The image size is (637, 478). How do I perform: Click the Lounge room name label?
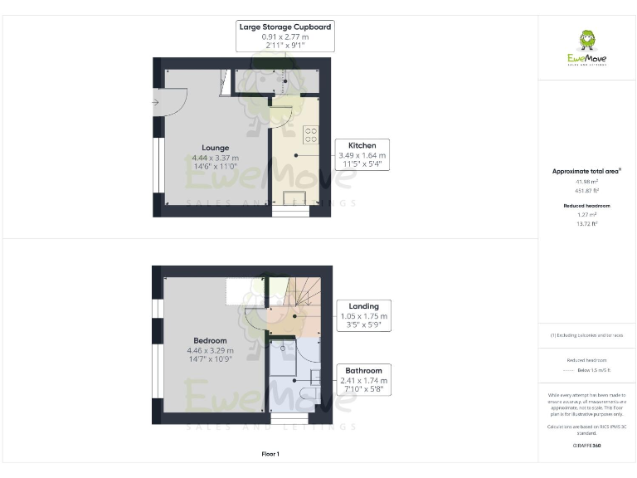point(215,148)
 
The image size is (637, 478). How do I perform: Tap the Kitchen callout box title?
point(362,144)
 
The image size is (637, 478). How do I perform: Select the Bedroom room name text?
point(210,340)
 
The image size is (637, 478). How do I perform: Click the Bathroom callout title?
point(364,370)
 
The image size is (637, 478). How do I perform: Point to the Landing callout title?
point(364,305)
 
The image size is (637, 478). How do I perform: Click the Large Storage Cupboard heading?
point(285,27)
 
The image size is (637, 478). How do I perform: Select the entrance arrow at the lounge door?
point(154,102)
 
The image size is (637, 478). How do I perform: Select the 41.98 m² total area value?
point(587,181)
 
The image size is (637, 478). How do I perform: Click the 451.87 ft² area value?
point(587,190)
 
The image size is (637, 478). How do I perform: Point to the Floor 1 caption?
point(270,454)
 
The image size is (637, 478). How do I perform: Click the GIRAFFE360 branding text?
point(586,446)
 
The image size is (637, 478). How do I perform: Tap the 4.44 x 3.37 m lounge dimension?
point(215,158)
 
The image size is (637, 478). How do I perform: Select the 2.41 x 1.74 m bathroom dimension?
point(364,380)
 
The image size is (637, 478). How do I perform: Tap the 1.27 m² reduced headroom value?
point(587,215)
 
